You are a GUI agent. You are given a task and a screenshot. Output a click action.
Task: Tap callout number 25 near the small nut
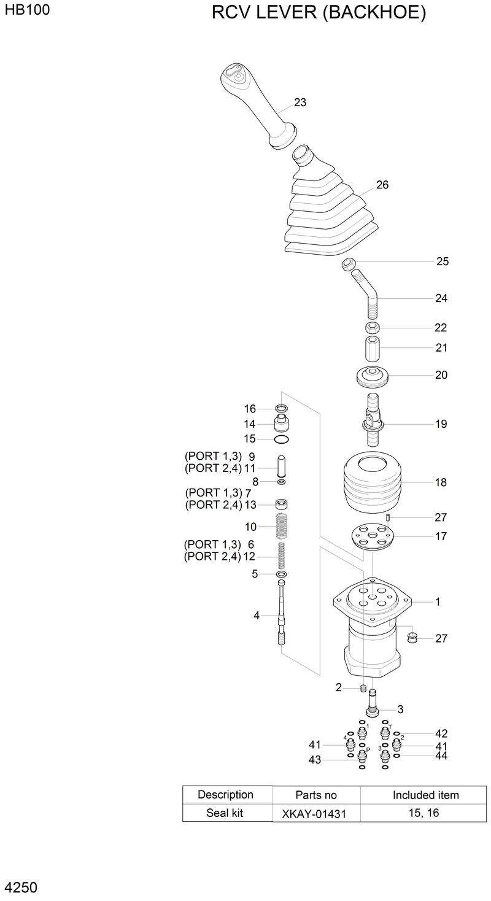click(x=443, y=261)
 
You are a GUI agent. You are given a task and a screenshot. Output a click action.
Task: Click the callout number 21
click(x=441, y=348)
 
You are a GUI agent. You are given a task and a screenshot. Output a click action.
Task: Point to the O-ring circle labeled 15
click(x=282, y=439)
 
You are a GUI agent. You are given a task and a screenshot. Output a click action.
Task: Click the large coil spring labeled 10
click(x=282, y=526)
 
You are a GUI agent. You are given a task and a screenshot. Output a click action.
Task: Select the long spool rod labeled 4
click(x=282, y=614)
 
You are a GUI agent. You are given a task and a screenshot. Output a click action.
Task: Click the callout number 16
click(x=250, y=409)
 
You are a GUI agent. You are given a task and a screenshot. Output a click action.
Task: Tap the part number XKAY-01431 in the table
click(x=314, y=814)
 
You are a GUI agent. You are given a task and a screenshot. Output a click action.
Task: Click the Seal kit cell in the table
click(x=226, y=813)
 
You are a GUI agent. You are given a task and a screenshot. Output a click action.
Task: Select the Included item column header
click(x=425, y=795)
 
